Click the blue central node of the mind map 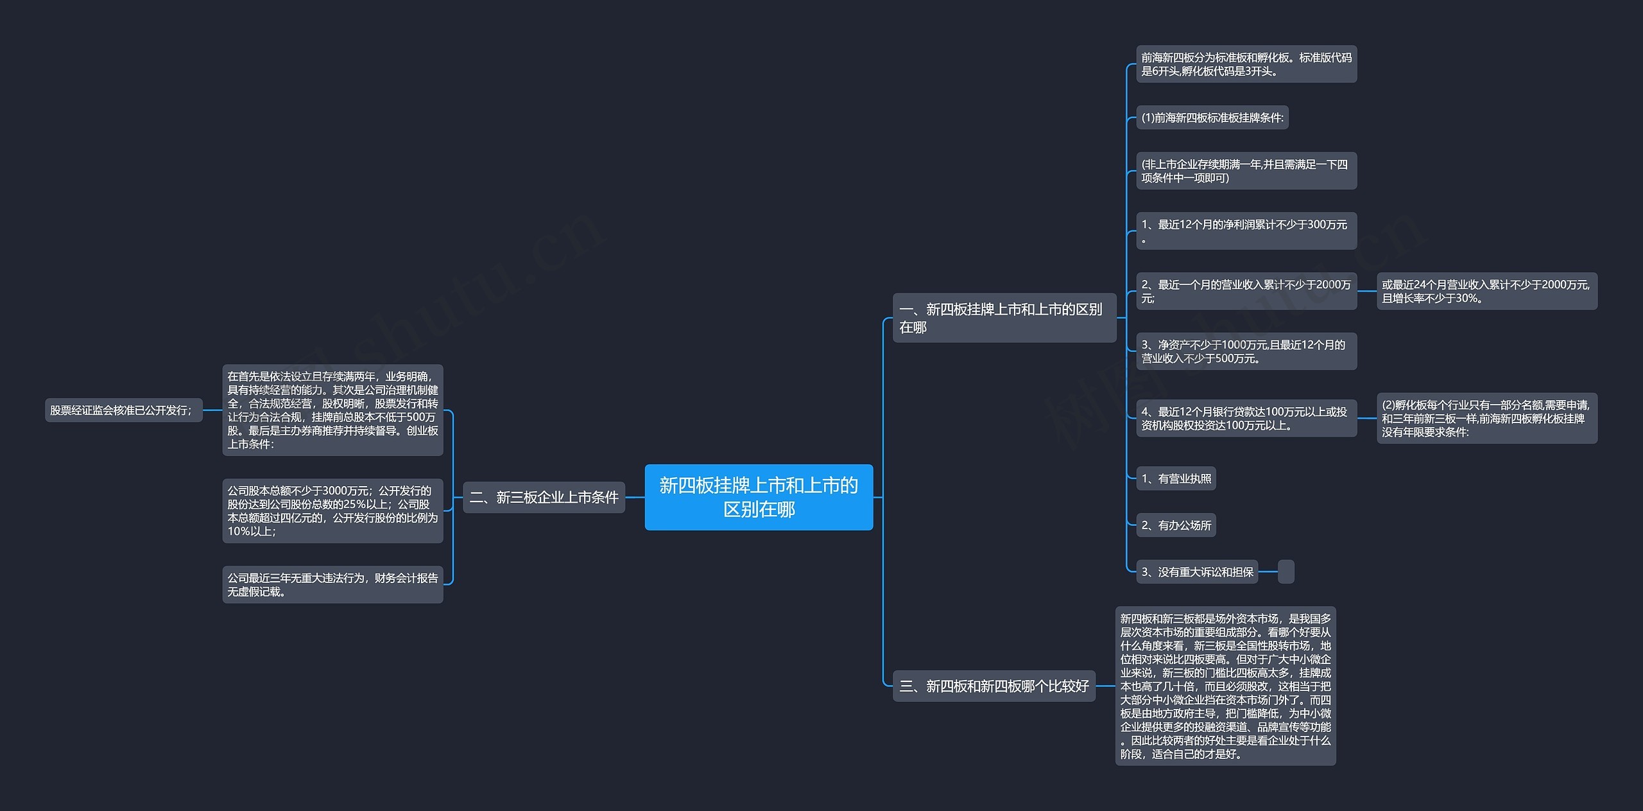(x=759, y=497)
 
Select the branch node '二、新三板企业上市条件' (x=544, y=497)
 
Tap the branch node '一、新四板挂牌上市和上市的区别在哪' (x=1004, y=318)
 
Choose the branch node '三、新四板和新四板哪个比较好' (x=994, y=686)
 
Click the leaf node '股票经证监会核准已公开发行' (x=123, y=410)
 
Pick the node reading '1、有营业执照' (x=1176, y=478)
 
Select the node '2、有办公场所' (x=1176, y=525)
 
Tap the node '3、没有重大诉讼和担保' (x=1197, y=571)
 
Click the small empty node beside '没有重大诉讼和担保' (x=1286, y=571)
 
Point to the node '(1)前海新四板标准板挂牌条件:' (x=1212, y=118)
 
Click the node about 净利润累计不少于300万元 (x=1246, y=231)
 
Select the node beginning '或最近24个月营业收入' (x=1487, y=291)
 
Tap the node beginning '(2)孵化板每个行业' (x=1487, y=418)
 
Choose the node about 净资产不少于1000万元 (x=1246, y=351)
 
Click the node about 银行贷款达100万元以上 (x=1246, y=418)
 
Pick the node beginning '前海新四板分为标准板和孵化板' (x=1246, y=64)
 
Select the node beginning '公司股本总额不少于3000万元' (x=332, y=510)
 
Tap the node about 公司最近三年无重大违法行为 (x=332, y=584)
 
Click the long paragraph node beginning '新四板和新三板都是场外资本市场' (x=1225, y=686)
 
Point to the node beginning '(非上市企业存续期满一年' (x=1246, y=171)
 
